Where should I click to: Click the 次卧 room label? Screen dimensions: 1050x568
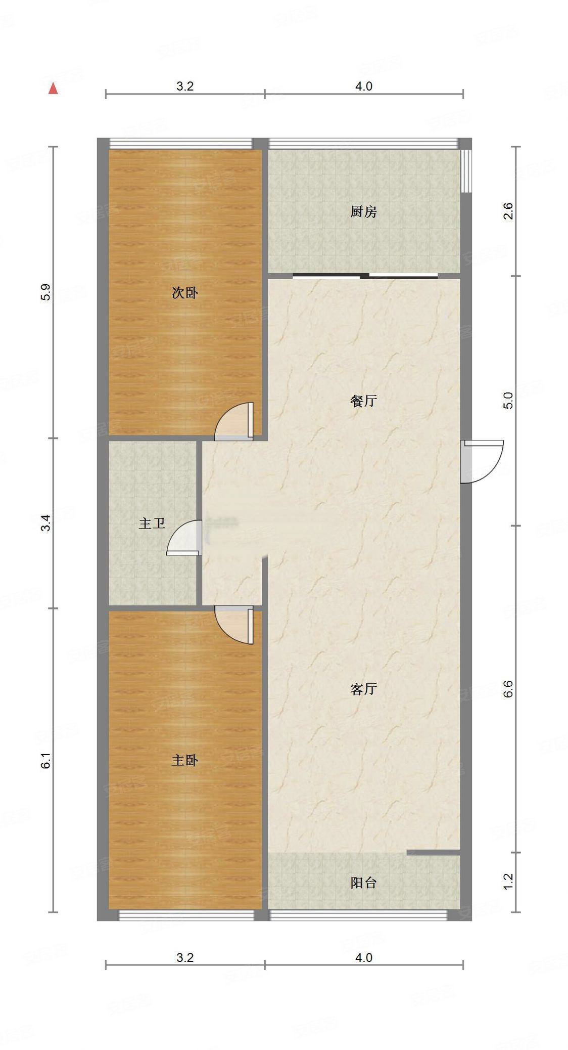click(184, 293)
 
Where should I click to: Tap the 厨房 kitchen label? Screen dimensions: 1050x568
click(363, 211)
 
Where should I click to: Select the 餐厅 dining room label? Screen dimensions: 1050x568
click(363, 401)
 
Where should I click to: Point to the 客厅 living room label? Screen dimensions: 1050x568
click(363, 689)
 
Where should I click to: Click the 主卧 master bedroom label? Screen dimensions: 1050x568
click(184, 760)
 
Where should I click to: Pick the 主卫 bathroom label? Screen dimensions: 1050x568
click(152, 523)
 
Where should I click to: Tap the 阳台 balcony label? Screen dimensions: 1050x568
click(363, 883)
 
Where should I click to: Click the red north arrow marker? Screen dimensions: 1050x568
click(53, 89)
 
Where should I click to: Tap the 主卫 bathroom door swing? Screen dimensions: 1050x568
click(184, 538)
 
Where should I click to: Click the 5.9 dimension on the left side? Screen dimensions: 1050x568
click(46, 293)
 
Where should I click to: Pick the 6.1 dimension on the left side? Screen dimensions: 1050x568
click(46, 760)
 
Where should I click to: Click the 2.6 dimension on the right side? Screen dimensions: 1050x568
click(508, 210)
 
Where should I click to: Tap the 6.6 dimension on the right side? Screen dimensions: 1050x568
click(508, 689)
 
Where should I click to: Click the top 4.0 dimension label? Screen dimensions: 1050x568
click(363, 86)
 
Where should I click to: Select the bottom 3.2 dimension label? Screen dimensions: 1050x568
click(185, 957)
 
